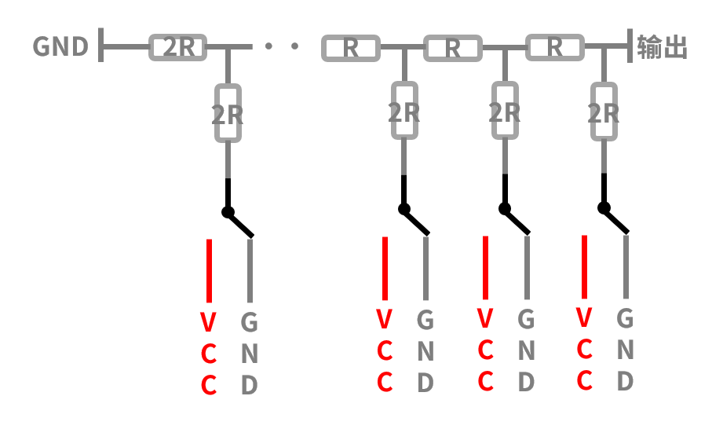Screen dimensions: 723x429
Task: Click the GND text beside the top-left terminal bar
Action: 60,46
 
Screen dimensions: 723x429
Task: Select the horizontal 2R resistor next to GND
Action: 177,47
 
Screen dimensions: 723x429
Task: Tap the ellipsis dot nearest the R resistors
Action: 294,46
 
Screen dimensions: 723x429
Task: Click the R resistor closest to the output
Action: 555,47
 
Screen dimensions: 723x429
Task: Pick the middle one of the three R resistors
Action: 453,48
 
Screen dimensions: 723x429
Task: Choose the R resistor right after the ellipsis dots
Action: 351,48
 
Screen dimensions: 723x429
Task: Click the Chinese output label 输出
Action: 662,47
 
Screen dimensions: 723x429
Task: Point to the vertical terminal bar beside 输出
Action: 630,46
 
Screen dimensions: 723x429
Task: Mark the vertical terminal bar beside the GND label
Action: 101,45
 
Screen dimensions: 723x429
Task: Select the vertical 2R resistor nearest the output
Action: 604,112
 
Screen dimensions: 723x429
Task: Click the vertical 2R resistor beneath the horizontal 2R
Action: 228,113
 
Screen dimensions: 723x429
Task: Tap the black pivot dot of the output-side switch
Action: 604,208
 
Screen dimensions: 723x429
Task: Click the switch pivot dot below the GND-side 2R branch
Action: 228,212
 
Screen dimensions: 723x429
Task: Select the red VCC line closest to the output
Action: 584,267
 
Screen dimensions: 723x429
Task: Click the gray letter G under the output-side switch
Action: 625,318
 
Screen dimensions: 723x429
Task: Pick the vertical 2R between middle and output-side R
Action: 505,110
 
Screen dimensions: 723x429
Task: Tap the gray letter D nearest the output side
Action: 625,381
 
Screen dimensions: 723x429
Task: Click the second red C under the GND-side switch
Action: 208,385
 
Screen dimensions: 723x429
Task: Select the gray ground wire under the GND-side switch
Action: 250,271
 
